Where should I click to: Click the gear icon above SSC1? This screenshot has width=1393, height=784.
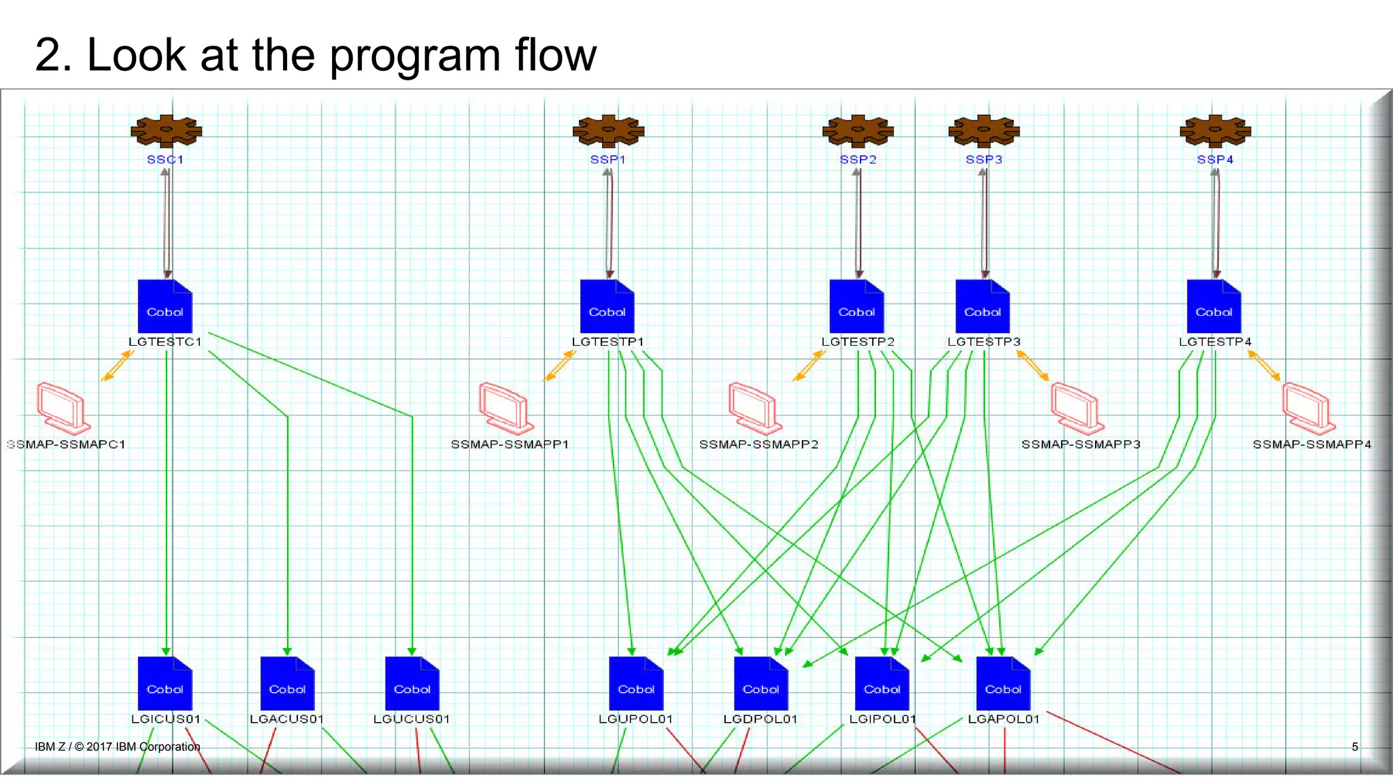coord(166,131)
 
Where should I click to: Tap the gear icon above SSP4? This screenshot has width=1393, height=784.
coord(1215,131)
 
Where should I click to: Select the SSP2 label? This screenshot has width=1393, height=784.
coord(858,159)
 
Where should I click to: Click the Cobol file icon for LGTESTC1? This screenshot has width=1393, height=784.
coord(165,306)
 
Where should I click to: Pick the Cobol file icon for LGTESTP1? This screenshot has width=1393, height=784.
coord(607,306)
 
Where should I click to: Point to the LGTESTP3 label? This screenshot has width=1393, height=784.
coord(984,342)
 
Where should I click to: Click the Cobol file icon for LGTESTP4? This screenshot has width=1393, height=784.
coord(1214,306)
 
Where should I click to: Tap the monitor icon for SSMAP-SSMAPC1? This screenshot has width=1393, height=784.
coord(63,408)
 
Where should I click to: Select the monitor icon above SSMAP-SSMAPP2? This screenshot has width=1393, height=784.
coord(754,408)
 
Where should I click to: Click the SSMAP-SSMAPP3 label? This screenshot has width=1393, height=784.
coord(1080,444)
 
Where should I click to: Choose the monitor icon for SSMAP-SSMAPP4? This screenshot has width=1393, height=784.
coord(1308,408)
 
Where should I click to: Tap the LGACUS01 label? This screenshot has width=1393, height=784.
coord(286,719)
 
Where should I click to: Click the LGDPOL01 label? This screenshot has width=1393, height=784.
coord(760,719)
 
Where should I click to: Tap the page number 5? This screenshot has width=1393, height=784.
coord(1355,747)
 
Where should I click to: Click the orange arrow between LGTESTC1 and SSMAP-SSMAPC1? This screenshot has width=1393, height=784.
coord(117,365)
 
